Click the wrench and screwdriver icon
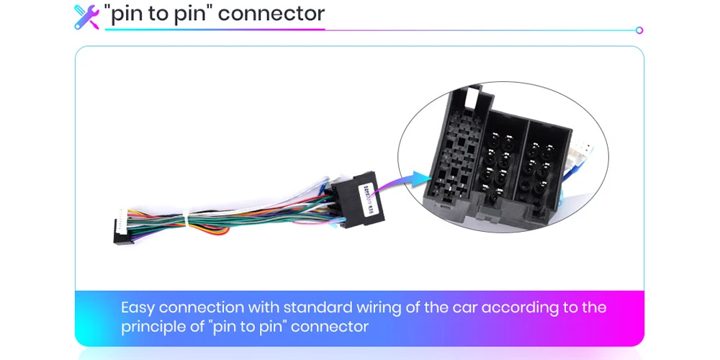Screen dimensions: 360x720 click(86, 16)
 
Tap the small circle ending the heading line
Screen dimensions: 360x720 click(639, 30)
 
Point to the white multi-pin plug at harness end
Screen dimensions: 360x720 click(124, 219)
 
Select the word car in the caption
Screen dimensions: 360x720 click(464, 308)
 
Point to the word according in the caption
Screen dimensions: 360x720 click(520, 308)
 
